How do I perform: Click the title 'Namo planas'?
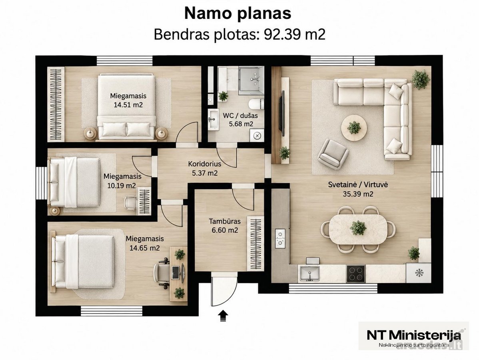238,14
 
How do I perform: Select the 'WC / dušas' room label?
240,116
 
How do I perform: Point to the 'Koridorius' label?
204,164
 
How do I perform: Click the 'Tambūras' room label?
225,221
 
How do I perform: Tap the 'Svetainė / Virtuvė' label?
358,184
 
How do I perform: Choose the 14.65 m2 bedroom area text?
145,248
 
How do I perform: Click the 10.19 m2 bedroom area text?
122,185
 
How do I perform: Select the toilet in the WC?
256,104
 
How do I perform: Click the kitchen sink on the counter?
309,273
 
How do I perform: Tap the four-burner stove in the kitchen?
356,273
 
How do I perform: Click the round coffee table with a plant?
354,128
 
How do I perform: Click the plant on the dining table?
358,228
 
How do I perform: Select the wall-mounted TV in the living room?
283,113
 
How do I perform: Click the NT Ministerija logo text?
413,335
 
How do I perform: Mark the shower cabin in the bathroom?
251,78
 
